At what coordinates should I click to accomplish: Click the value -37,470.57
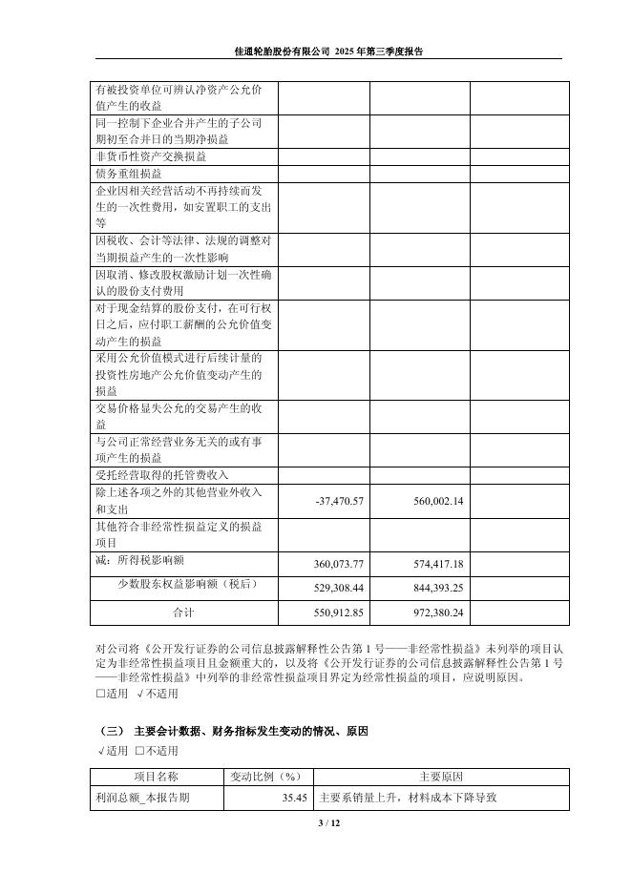tap(339, 502)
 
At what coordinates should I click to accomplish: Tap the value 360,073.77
tap(339, 564)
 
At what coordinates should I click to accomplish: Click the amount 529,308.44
tap(339, 588)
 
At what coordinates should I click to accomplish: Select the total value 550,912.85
tap(339, 612)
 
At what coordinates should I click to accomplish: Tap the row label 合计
tap(182, 611)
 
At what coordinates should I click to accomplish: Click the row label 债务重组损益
tap(129, 175)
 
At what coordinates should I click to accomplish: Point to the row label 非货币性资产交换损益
tap(149, 156)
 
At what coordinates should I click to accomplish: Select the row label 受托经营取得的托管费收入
tap(162, 475)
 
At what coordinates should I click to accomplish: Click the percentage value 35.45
tap(294, 798)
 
